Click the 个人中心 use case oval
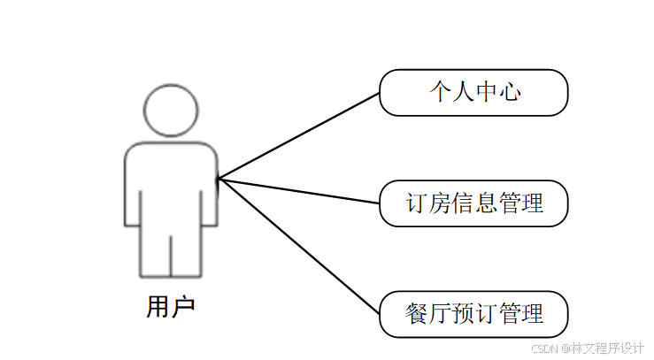[x=473, y=92]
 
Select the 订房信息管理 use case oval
[x=473, y=203]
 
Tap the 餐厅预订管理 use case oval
[x=473, y=314]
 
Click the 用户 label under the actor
[x=170, y=307]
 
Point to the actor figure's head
[x=170, y=111]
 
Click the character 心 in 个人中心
[x=509, y=92]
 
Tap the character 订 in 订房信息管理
[x=417, y=203]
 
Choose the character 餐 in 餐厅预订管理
[x=417, y=314]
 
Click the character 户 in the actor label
[x=182, y=307]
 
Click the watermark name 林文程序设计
[x=607, y=348]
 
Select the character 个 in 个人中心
[x=440, y=92]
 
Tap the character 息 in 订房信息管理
[x=486, y=203]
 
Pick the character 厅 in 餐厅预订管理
[x=440, y=314]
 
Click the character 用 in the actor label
[x=158, y=307]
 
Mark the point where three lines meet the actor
[x=219, y=180]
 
